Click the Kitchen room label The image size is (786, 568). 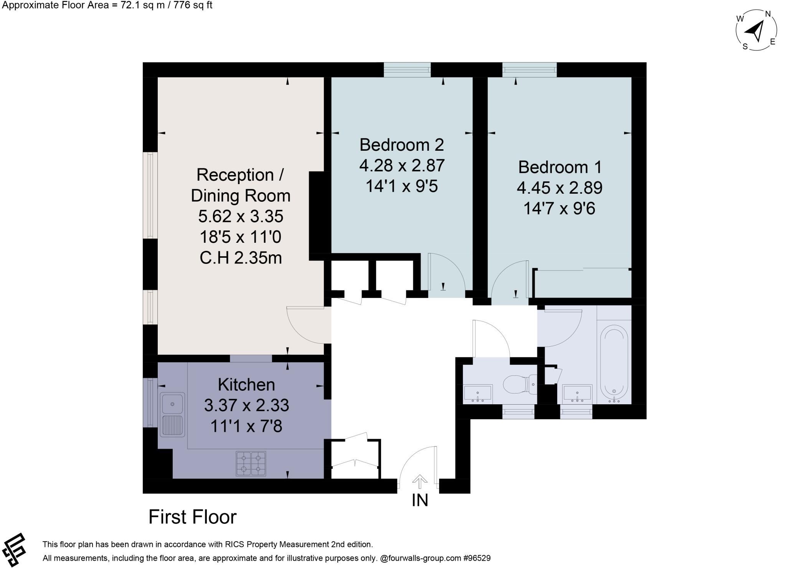(x=246, y=385)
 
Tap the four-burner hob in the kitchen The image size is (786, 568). (x=251, y=463)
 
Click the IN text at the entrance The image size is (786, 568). (x=420, y=500)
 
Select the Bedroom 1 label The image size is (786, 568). (x=560, y=167)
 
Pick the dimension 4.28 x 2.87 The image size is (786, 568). (x=402, y=166)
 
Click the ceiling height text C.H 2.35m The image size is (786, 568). (x=241, y=258)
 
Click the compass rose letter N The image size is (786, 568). (x=768, y=14)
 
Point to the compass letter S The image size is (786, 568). (x=745, y=47)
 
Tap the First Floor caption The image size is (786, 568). (x=192, y=517)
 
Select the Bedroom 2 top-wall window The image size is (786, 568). (x=407, y=70)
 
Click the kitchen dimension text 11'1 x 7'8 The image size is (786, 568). (x=246, y=426)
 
